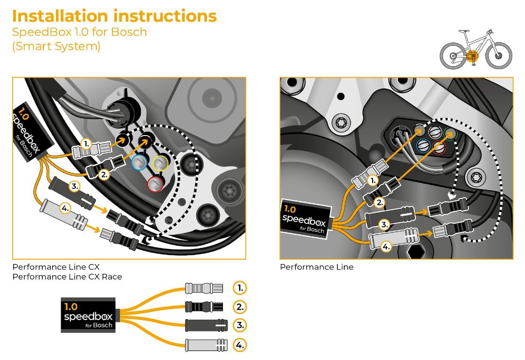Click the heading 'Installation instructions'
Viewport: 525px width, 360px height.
pos(114,16)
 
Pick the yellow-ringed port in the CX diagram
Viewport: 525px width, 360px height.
pos(161,163)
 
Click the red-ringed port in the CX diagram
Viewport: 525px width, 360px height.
pos(155,183)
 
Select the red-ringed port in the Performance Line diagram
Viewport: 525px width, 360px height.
pos(439,147)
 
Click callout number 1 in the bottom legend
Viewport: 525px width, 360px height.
pos(240,288)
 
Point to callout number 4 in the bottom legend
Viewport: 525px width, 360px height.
pos(240,345)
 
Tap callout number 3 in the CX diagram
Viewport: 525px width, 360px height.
pos(75,186)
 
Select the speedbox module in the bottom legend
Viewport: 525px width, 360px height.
pos(89,315)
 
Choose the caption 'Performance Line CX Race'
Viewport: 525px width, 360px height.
pos(67,277)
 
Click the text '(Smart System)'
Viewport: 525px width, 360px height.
pos(56,47)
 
